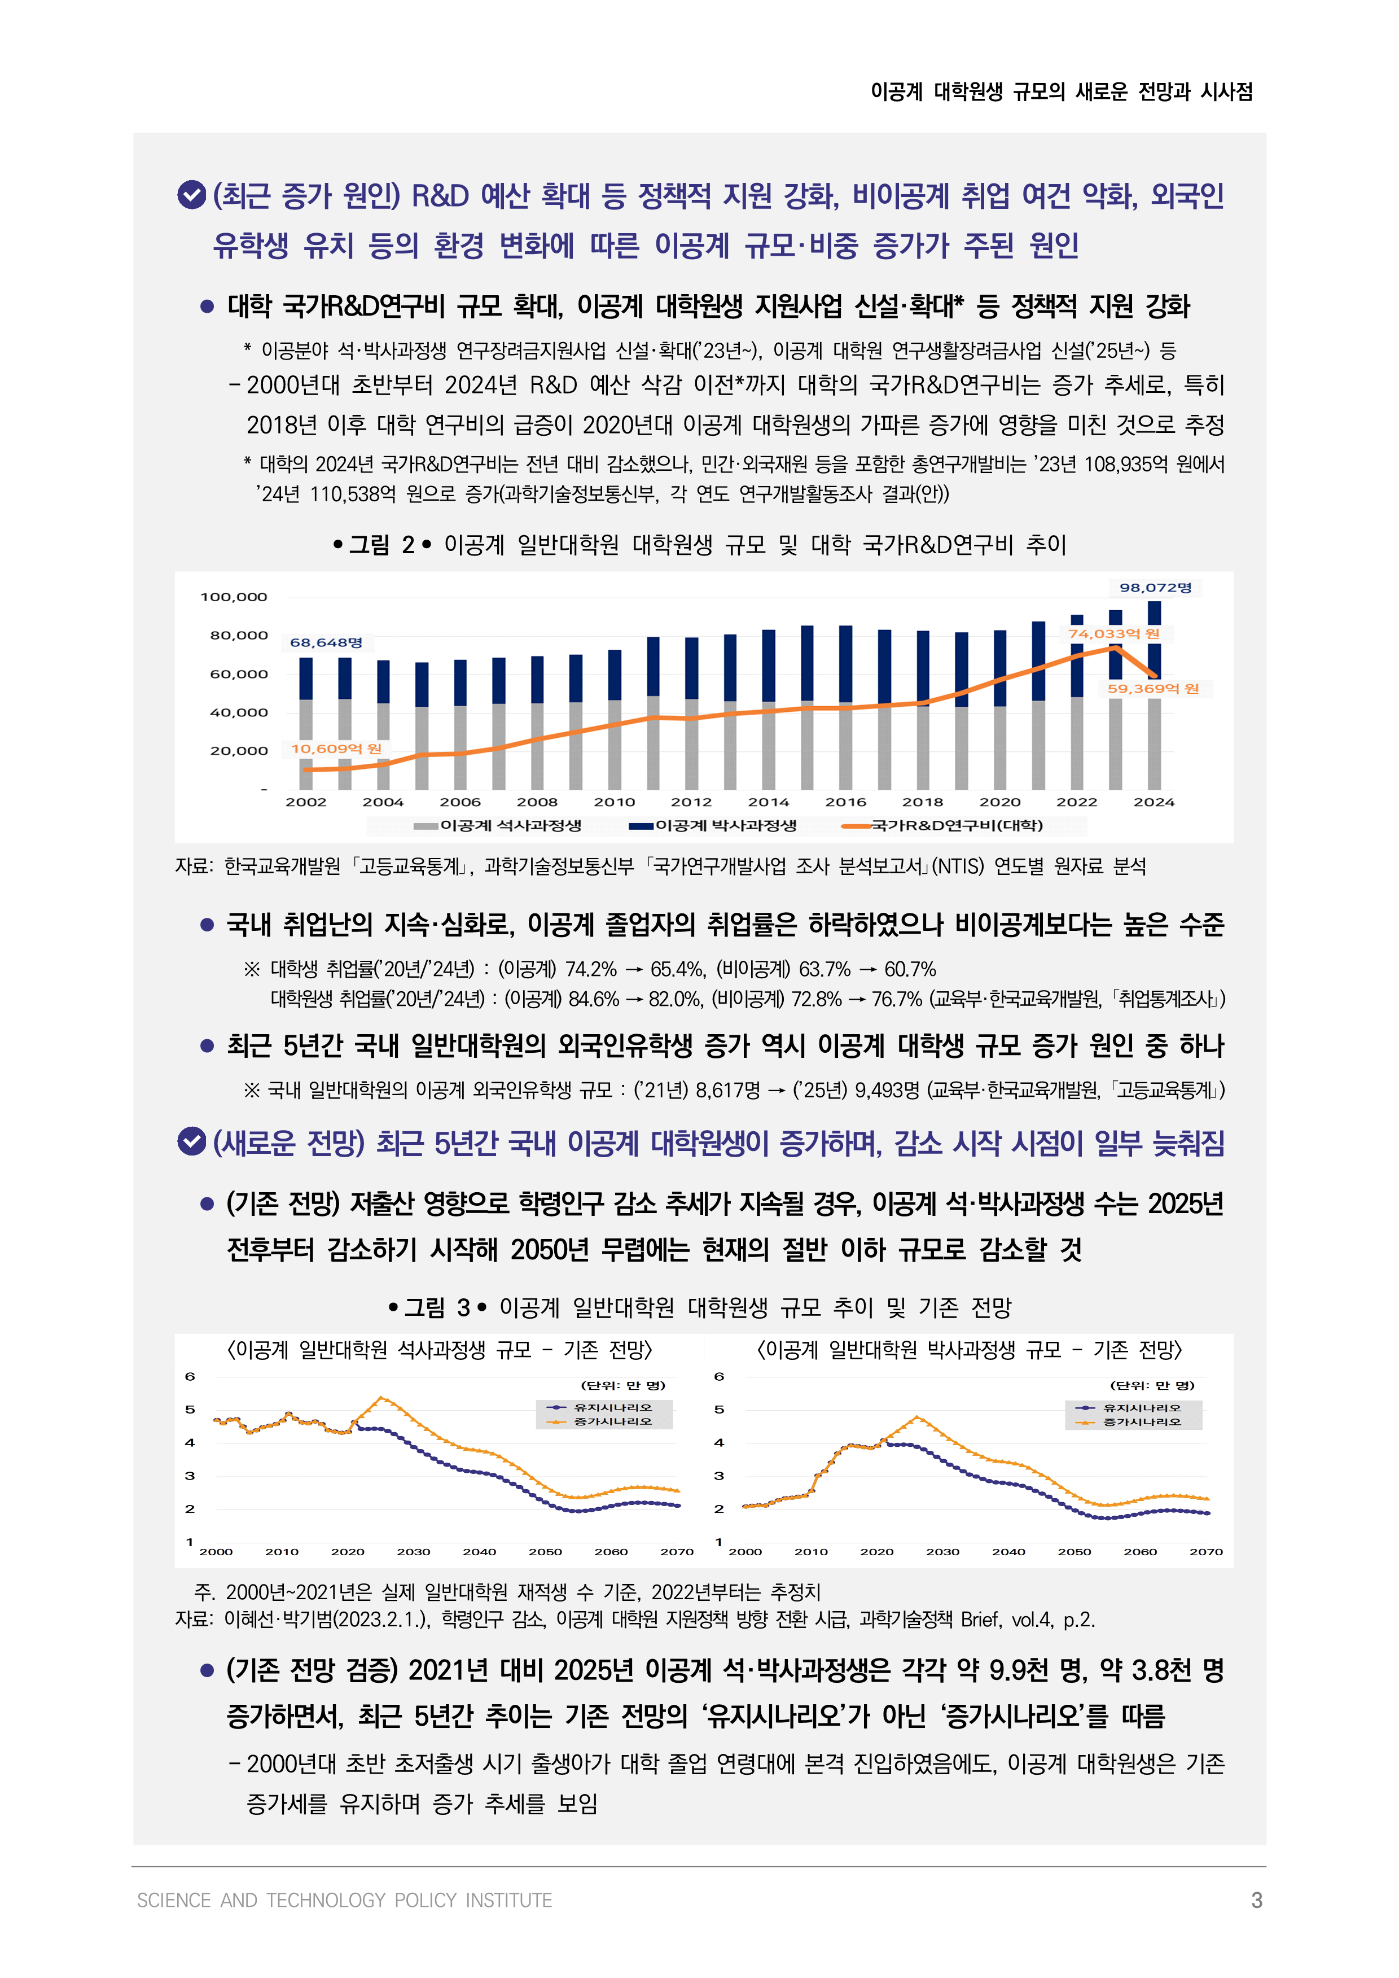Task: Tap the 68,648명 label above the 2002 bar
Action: pos(326,642)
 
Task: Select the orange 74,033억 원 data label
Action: pos(1114,633)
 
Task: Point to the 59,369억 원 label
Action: pos(1152,688)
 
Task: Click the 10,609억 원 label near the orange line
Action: pos(335,749)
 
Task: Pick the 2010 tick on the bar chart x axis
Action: pos(614,802)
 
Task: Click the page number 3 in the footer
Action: pos(1257,1900)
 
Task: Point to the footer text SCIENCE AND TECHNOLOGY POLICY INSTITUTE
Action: pos(345,1900)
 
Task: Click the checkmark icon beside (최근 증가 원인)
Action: pos(191,195)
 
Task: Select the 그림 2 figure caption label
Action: pos(381,545)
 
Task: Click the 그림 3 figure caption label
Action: pos(437,1308)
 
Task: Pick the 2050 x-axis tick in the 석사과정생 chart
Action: pos(545,1552)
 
